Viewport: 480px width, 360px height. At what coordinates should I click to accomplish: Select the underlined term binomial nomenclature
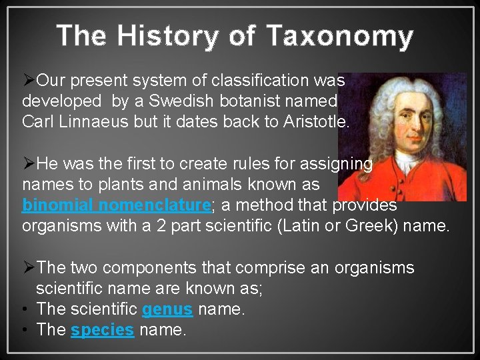pos(116,205)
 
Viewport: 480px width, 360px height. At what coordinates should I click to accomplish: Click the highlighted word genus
pos(167,309)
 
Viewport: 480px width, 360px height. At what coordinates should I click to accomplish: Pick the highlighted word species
pos(102,331)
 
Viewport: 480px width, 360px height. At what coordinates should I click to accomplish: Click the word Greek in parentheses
pos(370,225)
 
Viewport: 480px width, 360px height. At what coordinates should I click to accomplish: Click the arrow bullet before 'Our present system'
pos(29,81)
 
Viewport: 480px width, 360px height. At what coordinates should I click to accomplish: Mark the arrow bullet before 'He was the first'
pos(29,163)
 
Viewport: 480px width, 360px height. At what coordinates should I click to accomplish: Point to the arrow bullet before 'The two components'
pos(29,268)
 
